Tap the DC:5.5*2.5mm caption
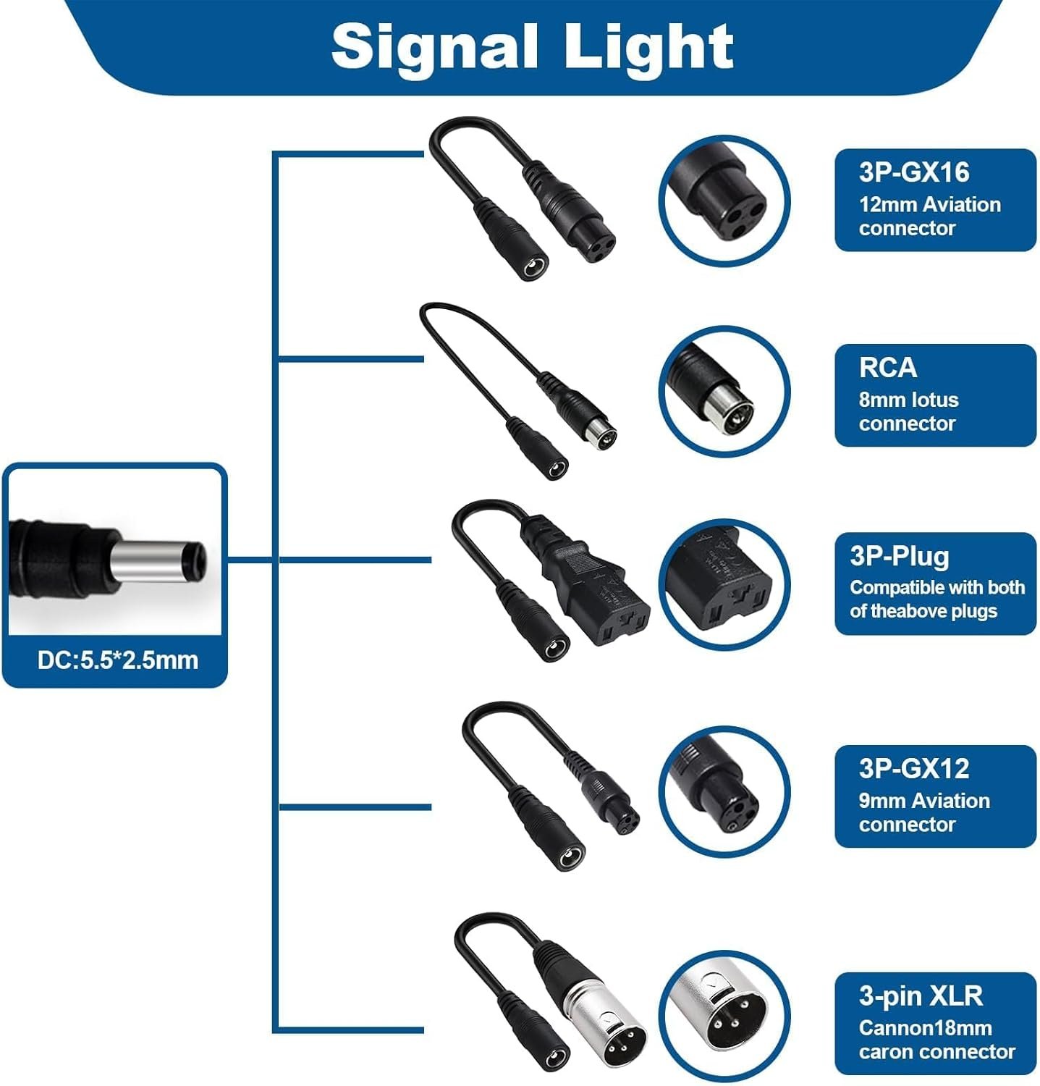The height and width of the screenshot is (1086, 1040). pyautogui.click(x=118, y=660)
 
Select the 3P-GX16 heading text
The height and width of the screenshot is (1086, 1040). pyautogui.click(x=914, y=172)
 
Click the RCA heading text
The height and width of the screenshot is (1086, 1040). pyautogui.click(x=888, y=368)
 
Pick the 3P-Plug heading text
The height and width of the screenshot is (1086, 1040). pyautogui.click(x=900, y=556)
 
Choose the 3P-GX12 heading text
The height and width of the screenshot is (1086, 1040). pyautogui.click(x=914, y=768)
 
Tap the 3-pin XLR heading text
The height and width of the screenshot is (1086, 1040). pyautogui.click(x=921, y=996)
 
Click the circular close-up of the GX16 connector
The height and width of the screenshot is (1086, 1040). pyautogui.click(x=724, y=201)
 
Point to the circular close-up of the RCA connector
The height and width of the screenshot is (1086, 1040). pyautogui.click(x=724, y=392)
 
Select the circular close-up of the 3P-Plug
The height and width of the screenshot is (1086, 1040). pyautogui.click(x=724, y=584)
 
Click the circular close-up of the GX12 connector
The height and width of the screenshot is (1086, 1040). pyautogui.click(x=724, y=792)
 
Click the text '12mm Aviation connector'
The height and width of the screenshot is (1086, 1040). pyautogui.click(x=930, y=216)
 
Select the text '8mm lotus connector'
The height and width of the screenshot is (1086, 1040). pyautogui.click(x=908, y=411)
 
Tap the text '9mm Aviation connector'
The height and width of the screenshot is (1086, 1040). pyautogui.click(x=924, y=812)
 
